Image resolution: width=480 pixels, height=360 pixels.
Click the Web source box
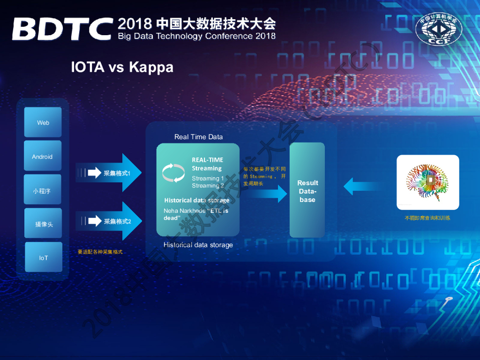pos(43,122)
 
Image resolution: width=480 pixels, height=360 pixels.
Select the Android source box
pos(43,157)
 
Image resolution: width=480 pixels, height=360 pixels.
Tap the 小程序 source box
pos(43,191)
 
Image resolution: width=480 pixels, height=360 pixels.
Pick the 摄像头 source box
pos(43,224)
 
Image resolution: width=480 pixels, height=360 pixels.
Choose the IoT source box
pos(43,257)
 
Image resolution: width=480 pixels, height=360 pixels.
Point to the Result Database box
pos(307,190)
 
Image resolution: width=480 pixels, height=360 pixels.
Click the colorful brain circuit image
pos(427,182)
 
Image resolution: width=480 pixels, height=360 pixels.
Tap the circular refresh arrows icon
pos(173,172)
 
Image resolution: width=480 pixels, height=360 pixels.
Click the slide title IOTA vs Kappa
pos(122,67)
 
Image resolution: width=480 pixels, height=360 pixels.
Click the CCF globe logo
pos(438,28)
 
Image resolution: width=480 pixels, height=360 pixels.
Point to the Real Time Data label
pos(198,137)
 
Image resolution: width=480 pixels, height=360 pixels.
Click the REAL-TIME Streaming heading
pos(207,164)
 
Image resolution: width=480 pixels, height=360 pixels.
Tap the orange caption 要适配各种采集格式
pos(100,252)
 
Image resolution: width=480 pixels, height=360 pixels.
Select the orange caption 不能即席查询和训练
pos(427,218)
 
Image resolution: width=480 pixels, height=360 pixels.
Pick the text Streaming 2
pos(208,186)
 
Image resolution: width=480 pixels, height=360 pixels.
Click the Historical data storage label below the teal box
pos(198,245)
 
